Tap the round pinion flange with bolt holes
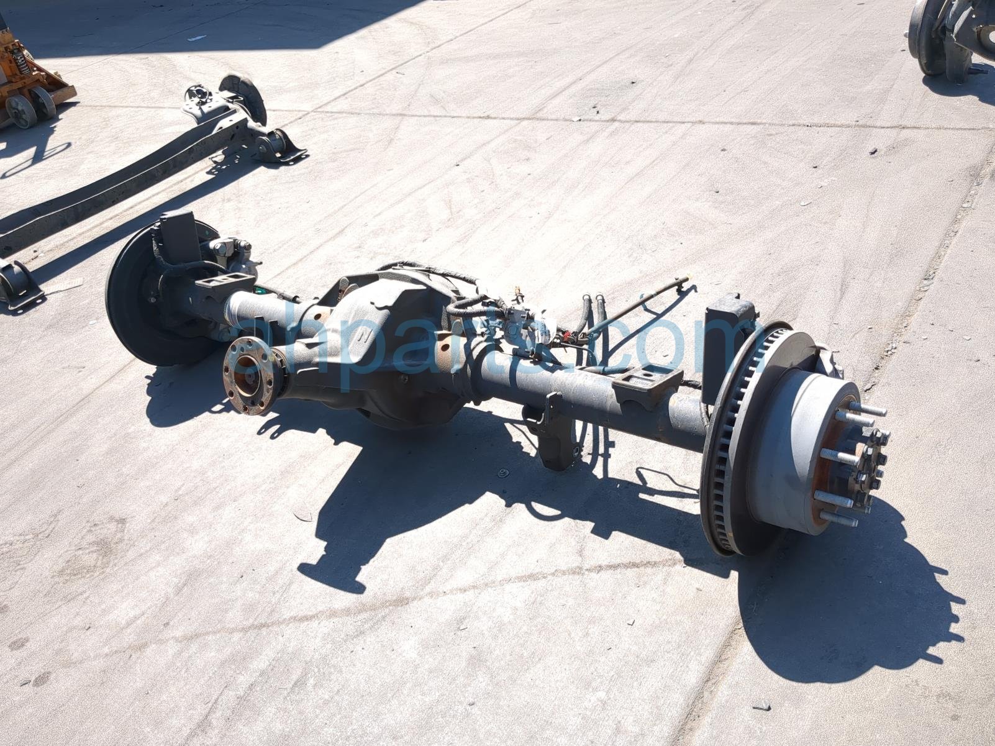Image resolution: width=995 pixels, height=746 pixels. point(248,376)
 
